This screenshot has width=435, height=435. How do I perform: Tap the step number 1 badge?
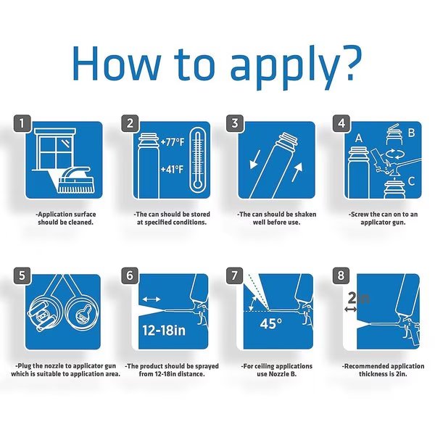point(22,123)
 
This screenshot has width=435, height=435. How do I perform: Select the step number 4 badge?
point(341,123)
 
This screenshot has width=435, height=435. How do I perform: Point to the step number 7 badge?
point(235,275)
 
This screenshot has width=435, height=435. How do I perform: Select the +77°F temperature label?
point(173,142)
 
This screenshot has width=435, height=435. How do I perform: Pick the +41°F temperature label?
point(173,169)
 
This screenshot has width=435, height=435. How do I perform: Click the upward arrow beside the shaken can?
point(297,173)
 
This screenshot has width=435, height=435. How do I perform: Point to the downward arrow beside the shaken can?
point(255,159)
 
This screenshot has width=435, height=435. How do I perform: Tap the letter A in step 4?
point(359,138)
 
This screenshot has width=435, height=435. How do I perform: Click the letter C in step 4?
point(411,181)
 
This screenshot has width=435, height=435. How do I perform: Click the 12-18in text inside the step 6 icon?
point(164,330)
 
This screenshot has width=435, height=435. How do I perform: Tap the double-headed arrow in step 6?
point(152,299)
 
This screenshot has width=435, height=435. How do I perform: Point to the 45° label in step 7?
point(271,323)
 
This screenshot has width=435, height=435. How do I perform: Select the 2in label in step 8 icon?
point(358,299)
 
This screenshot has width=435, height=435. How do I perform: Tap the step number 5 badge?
point(22,275)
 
